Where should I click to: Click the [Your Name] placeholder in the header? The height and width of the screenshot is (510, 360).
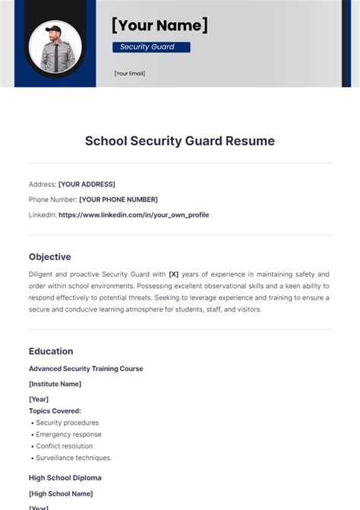159,25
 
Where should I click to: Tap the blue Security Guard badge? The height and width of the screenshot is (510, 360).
151,47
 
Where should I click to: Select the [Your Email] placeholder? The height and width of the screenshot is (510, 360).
129,74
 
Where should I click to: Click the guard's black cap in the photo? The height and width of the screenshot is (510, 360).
54,30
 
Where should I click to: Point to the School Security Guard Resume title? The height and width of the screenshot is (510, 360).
180,141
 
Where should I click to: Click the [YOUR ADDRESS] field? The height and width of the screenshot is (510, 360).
87,184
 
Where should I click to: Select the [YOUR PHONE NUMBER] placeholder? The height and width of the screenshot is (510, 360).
118,199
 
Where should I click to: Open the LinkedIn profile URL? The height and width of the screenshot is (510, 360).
134,215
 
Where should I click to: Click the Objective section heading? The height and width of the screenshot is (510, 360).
50,257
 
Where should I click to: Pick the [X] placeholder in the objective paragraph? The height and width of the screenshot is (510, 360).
173,274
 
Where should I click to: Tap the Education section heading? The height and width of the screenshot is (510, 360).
51,351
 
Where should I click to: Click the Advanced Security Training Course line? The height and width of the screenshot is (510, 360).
86,369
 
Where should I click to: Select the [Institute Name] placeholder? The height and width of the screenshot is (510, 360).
55,384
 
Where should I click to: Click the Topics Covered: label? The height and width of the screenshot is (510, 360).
55,410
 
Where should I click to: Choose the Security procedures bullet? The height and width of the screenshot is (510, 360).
68,423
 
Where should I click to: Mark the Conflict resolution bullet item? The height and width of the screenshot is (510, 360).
65,446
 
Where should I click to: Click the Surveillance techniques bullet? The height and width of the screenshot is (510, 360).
74,458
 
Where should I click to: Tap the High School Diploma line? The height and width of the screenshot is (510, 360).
65,478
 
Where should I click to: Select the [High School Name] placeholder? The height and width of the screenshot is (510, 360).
60,493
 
